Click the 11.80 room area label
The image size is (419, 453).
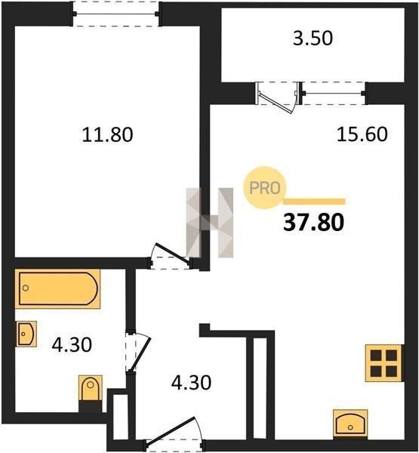coord(107,134)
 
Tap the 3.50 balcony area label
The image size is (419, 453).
coord(313,39)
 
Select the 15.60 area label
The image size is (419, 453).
coord(362,134)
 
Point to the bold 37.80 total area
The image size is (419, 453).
coord(314,223)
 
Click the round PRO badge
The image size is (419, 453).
coord(264,188)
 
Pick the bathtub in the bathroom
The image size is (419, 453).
coord(57,288)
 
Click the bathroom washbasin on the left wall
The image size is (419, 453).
coord(26,334)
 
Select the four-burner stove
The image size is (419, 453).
coord(384,363)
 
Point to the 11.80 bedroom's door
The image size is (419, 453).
coord(171,256)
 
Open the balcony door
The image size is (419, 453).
coord(278,98)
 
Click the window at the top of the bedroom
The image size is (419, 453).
coord(116,14)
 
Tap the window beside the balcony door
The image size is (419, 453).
coord(334,93)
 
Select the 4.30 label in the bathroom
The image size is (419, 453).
coord(72,345)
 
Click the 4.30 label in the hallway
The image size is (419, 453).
coord(191,383)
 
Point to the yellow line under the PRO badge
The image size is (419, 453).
coord(314,202)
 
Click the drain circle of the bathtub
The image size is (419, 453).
coord(26,288)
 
